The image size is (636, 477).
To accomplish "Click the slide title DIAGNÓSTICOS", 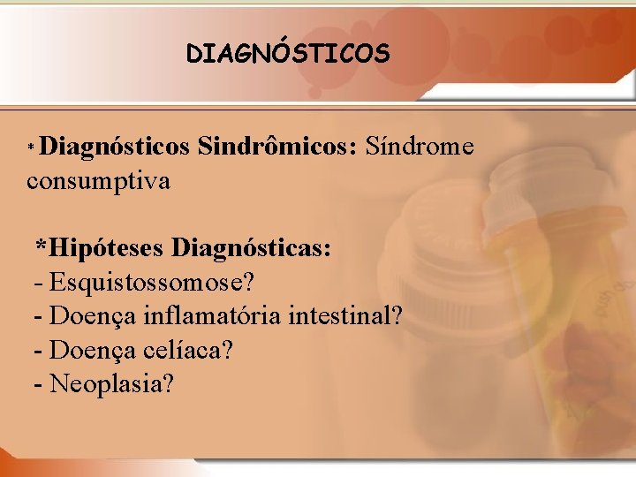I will point(287,54).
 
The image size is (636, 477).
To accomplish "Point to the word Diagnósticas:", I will point(252,248).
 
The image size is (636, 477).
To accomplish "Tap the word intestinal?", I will point(344,316).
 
